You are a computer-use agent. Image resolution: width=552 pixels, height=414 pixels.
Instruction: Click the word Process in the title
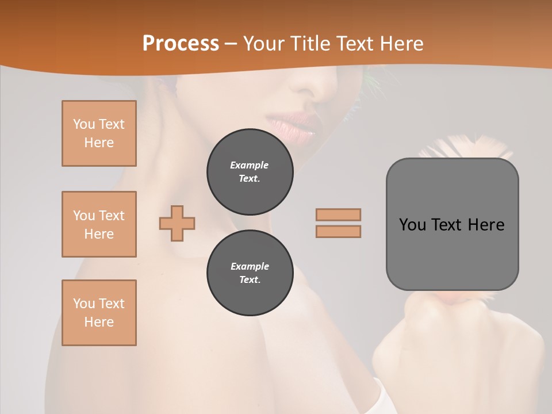click(x=181, y=44)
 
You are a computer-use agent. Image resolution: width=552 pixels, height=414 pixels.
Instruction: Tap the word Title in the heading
click(x=313, y=44)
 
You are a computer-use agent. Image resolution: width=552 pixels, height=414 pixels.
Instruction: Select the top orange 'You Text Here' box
click(x=99, y=133)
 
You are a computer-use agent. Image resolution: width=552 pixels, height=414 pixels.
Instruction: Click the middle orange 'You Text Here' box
click(x=99, y=224)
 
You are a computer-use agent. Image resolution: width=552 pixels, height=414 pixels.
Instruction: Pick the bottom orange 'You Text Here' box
click(x=99, y=313)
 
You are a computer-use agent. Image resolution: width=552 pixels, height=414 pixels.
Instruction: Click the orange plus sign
click(x=177, y=223)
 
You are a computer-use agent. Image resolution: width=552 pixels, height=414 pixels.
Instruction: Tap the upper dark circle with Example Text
click(x=250, y=172)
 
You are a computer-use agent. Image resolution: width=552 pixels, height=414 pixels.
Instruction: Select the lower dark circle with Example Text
click(x=250, y=273)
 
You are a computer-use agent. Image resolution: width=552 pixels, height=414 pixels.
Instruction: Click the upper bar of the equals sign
click(x=338, y=214)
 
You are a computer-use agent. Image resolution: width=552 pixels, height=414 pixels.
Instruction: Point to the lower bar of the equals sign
click(x=338, y=231)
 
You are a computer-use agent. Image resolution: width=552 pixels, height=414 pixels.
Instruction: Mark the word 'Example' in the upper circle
click(x=250, y=165)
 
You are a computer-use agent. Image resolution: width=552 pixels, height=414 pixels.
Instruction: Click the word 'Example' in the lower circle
click(x=250, y=266)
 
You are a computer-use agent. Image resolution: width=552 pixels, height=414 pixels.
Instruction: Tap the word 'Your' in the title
click(x=264, y=44)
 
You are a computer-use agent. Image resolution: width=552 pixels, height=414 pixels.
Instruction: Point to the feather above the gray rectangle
click(x=466, y=147)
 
